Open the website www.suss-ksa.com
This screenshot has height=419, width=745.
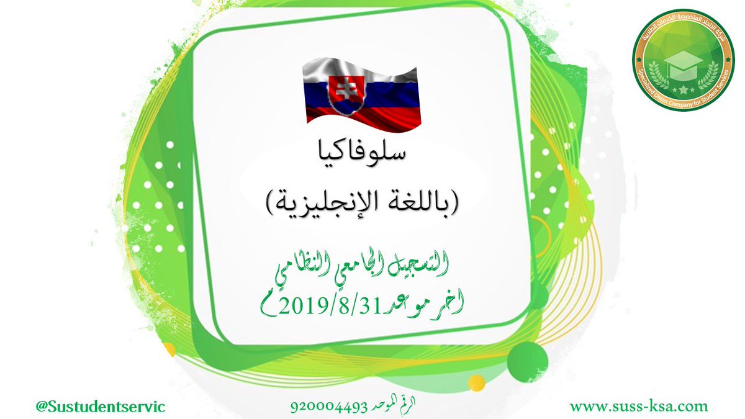pos(639,407)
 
